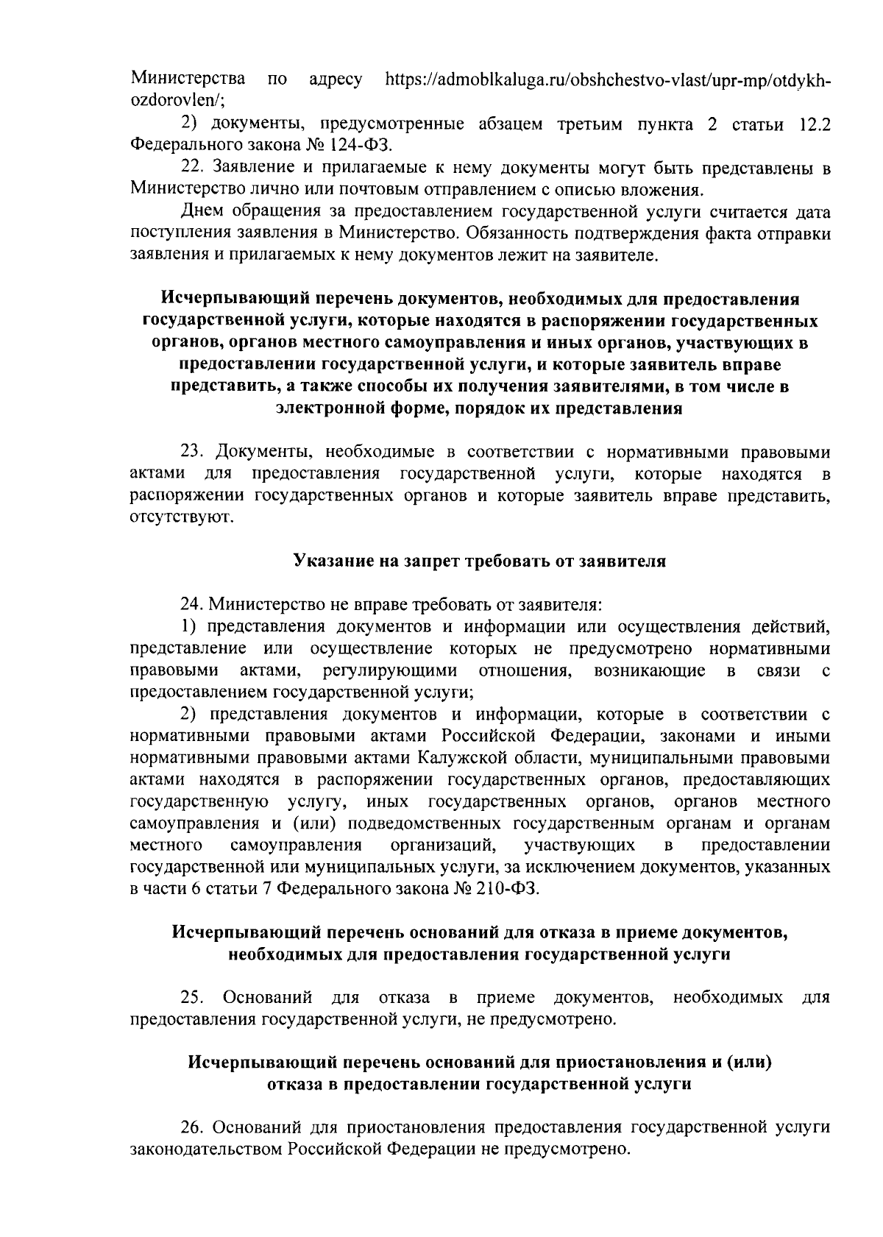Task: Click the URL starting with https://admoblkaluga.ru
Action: [608, 79]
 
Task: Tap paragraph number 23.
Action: [192, 451]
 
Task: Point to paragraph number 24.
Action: [192, 605]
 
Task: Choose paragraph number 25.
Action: [192, 998]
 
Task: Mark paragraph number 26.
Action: [192, 1127]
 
